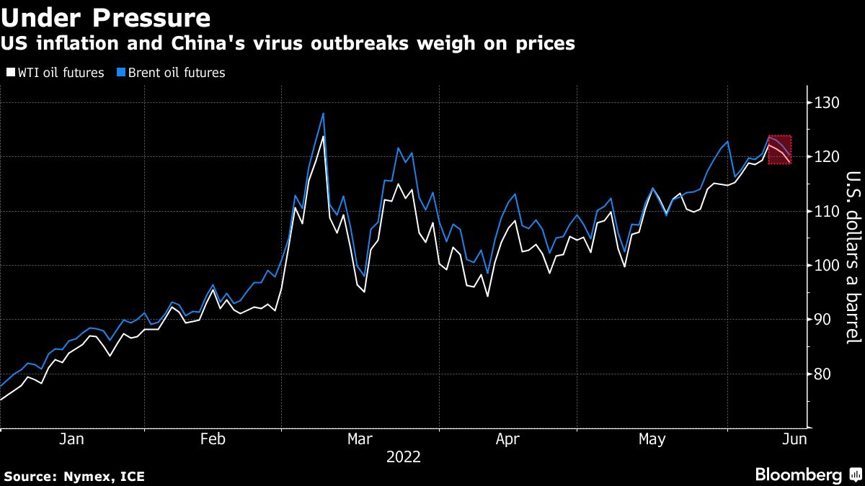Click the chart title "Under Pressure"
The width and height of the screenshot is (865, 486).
pyautogui.click(x=106, y=17)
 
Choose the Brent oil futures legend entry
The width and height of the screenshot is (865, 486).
pyautogui.click(x=171, y=73)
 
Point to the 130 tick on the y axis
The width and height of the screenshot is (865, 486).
pyautogui.click(x=827, y=104)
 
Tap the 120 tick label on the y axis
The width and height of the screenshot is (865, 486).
pyautogui.click(x=827, y=158)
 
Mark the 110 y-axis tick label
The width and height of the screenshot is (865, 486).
pyautogui.click(x=827, y=212)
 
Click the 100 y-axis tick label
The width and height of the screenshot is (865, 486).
pyautogui.click(x=827, y=266)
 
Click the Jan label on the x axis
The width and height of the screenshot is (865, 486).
pyautogui.click(x=73, y=438)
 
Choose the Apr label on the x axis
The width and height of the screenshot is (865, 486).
pyautogui.click(x=508, y=438)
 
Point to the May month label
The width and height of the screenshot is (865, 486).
pyautogui.click(x=652, y=438)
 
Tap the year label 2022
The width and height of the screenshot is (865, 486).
pyautogui.click(x=404, y=457)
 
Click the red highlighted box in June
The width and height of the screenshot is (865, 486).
pyautogui.click(x=779, y=150)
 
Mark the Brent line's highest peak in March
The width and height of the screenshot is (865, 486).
pyautogui.click(x=323, y=113)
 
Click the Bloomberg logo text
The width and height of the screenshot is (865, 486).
pyautogui.click(x=798, y=475)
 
